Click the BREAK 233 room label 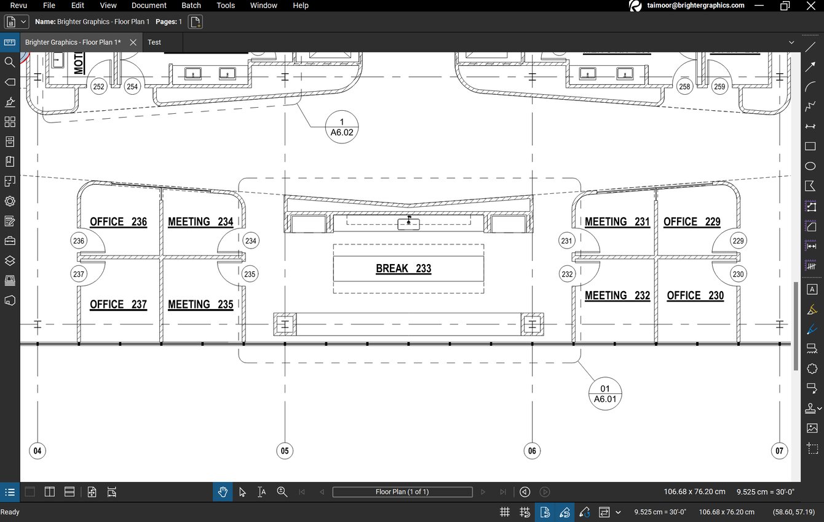(403, 269)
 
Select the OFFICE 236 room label (118, 222)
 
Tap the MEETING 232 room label (617, 296)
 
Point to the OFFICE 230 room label (695, 296)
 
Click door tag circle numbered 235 (250, 275)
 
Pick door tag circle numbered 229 (738, 241)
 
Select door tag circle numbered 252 (98, 87)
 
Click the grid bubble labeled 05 (284, 451)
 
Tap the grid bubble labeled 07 (779, 451)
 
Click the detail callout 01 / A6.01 (605, 394)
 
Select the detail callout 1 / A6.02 (342, 127)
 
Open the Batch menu (191, 6)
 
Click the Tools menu (226, 6)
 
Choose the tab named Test (154, 42)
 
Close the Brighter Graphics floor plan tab (133, 42)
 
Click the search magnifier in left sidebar (10, 62)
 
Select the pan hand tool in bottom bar (223, 492)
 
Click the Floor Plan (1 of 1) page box (402, 492)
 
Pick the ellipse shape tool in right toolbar (810, 166)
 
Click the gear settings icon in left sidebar (10, 201)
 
